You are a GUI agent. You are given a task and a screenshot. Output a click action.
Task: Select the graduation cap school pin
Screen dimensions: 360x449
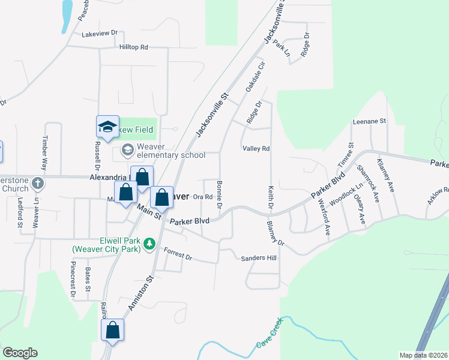coord(108,127)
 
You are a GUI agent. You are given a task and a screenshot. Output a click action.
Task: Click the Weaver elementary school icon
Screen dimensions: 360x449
coord(128,149)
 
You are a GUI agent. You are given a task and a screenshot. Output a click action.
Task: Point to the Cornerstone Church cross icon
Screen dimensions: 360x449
coord(38,182)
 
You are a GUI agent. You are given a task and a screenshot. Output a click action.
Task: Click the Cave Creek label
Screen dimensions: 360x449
coord(269,336)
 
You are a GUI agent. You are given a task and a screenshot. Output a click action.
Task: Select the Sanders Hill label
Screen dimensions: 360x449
coord(259,258)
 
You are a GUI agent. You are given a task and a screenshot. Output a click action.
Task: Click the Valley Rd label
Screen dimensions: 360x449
coord(256,149)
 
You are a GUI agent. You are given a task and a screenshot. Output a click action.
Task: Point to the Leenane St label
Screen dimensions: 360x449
coord(369,121)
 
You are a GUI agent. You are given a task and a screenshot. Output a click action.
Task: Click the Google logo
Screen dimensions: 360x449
coord(20,353)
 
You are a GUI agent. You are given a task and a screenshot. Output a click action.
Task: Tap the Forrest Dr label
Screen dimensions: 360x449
coord(178,256)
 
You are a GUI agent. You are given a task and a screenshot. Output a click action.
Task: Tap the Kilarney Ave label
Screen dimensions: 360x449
coord(385,176)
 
